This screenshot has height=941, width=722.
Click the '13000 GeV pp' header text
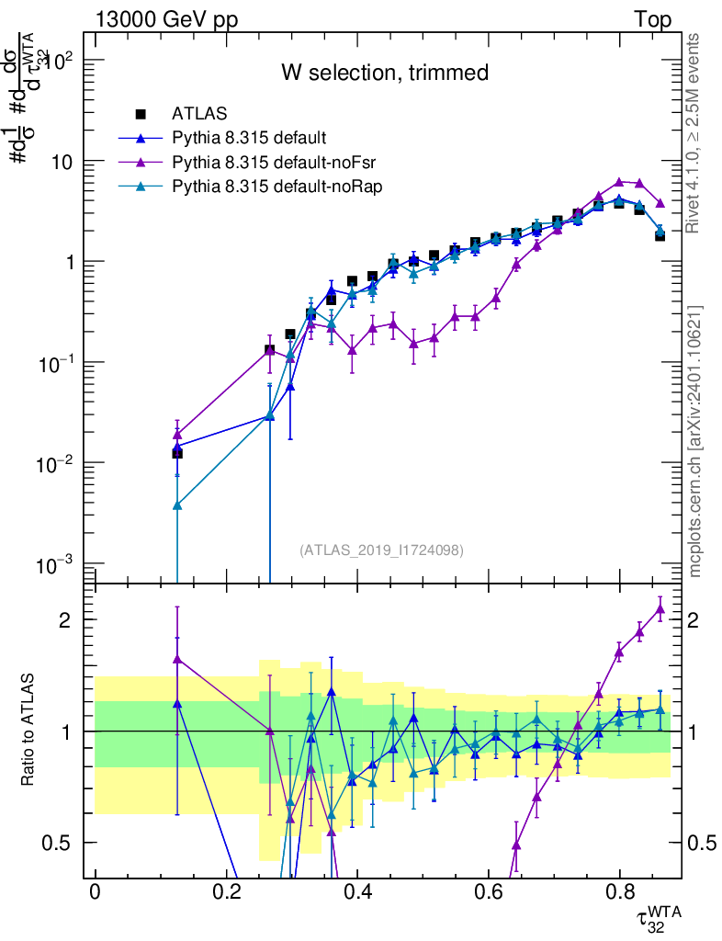(165, 19)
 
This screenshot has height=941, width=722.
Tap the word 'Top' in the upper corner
(651, 19)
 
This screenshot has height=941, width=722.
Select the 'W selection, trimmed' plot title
(384, 73)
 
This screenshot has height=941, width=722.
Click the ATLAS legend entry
(196, 115)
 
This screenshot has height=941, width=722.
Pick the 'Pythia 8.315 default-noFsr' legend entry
(276, 163)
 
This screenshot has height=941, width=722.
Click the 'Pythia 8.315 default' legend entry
(249, 139)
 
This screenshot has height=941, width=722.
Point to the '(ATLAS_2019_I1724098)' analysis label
(381, 550)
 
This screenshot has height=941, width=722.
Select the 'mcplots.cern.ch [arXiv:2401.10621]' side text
(695, 440)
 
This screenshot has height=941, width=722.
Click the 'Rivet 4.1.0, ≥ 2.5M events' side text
(695, 133)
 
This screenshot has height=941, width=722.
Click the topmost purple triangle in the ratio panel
(660, 608)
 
